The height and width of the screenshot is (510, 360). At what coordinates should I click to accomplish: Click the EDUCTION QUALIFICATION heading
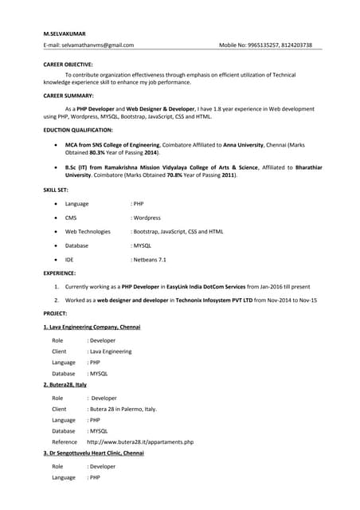(x=77, y=129)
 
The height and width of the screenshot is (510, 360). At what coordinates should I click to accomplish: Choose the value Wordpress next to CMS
(x=147, y=218)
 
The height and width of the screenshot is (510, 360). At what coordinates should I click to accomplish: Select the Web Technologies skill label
(x=88, y=231)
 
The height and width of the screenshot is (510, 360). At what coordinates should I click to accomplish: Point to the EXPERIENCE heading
(x=60, y=273)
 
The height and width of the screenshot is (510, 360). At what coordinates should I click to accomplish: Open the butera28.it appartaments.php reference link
(x=139, y=441)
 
